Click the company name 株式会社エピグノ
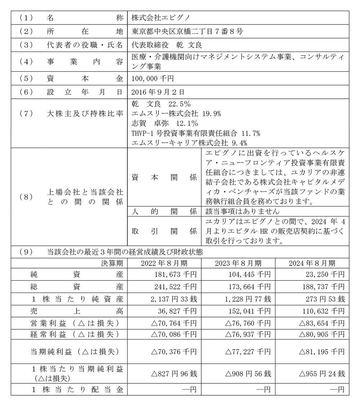pos(156,17)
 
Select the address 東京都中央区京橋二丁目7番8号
pos(187,31)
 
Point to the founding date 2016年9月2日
pos(153,92)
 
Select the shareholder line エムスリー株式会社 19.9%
pos(176,114)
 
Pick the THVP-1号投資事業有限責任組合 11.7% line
pos(196,133)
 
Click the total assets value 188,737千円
pos(323,287)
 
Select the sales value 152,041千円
pos(249,311)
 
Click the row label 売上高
pos(77,311)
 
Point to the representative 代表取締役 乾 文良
pos(167,45)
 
